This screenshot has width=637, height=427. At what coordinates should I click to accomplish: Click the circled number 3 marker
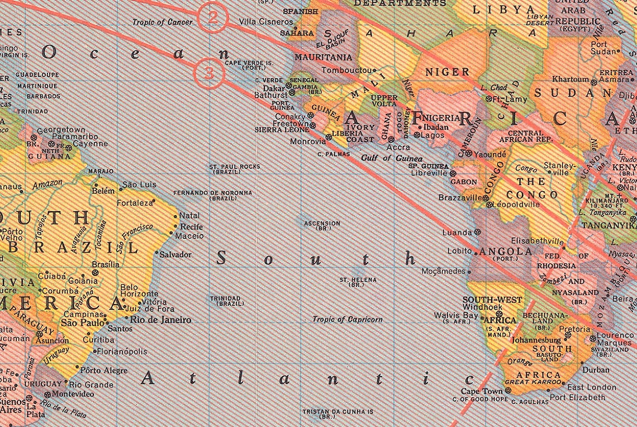[208, 73]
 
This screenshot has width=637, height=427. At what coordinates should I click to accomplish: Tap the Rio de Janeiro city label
[160, 320]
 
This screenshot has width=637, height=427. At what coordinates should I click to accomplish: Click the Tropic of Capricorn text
[348, 320]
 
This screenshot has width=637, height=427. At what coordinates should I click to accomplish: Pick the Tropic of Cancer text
[163, 22]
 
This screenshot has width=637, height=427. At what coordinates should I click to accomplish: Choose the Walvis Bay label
[456, 316]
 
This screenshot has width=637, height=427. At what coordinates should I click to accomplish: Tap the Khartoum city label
[571, 79]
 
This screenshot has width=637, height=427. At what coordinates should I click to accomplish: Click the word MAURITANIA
[324, 57]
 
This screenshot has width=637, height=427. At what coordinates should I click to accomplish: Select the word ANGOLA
[506, 252]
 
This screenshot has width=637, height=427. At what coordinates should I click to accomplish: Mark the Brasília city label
[105, 264]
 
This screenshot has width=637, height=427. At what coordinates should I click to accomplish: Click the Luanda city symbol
[478, 232]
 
